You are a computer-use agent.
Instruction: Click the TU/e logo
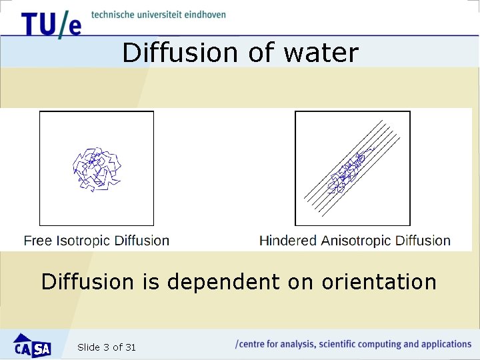click(x=51, y=24)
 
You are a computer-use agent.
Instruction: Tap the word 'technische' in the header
click(x=112, y=14)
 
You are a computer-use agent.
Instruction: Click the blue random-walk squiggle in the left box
click(x=96, y=168)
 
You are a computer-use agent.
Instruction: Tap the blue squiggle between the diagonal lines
click(x=347, y=171)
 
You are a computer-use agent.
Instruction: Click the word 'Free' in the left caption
click(x=38, y=241)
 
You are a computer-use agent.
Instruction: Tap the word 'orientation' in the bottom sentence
click(x=379, y=282)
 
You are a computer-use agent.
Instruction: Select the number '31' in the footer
click(x=131, y=347)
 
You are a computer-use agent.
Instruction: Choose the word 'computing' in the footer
click(x=378, y=345)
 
